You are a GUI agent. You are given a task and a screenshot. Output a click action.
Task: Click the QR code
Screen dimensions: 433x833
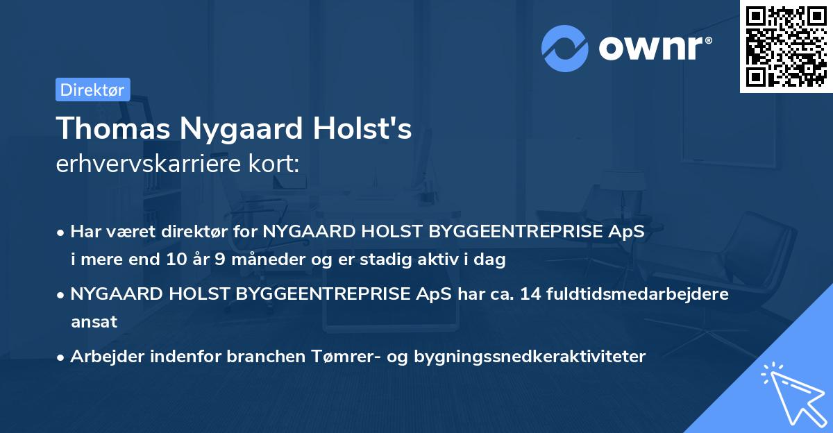(x=786, y=46)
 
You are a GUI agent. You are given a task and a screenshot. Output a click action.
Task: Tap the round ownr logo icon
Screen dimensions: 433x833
(x=565, y=49)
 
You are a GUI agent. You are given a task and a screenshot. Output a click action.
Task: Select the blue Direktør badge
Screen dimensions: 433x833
(x=92, y=90)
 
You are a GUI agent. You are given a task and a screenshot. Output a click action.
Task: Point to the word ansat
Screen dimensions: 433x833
(x=94, y=322)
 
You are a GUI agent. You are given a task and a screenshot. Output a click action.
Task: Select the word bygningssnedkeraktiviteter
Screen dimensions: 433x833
(x=530, y=357)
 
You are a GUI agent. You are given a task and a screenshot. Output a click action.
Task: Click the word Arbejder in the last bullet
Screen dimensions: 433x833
(x=101, y=357)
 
